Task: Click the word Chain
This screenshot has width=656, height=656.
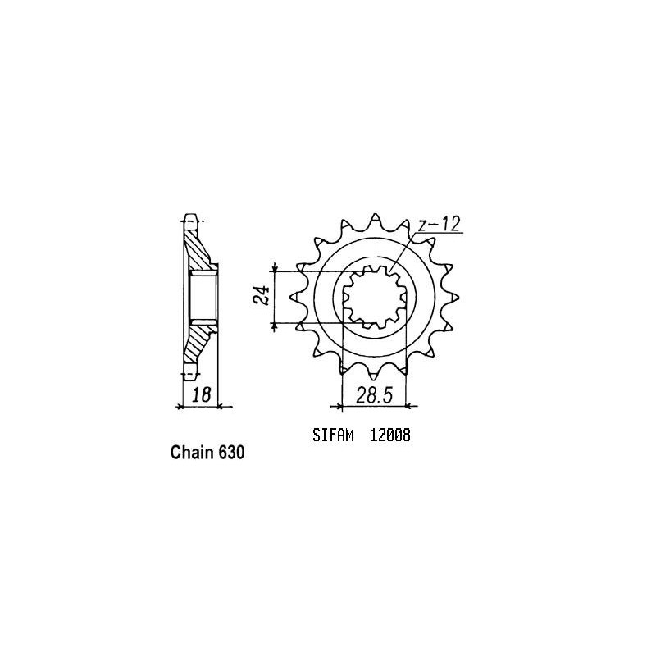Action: [x=189, y=452]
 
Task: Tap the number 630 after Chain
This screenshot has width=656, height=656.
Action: [x=231, y=452]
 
